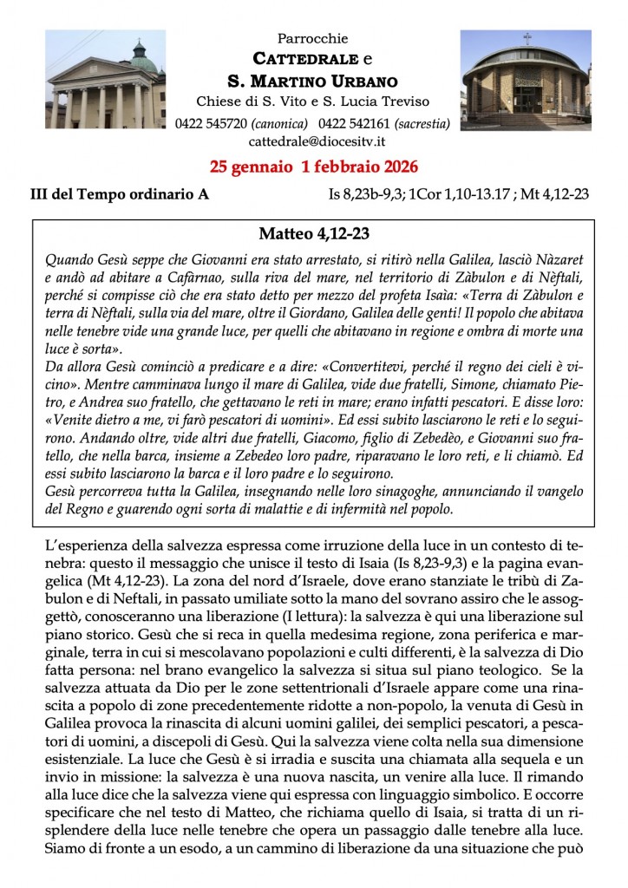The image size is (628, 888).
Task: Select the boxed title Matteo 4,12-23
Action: coord(313,233)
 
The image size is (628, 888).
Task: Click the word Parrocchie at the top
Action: coord(313,39)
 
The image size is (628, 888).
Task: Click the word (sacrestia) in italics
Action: coord(421,123)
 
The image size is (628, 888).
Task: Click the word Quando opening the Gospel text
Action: coord(66,258)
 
